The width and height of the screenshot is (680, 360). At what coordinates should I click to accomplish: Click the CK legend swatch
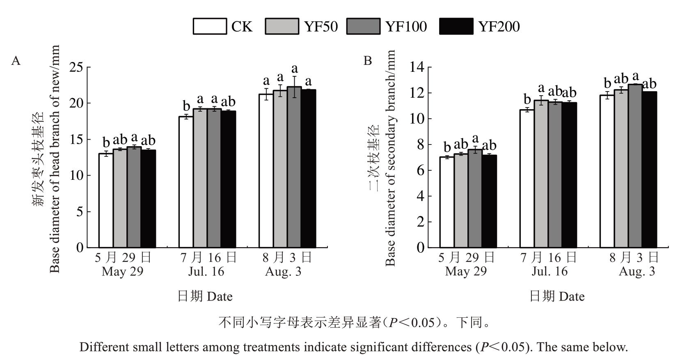pos(210,26)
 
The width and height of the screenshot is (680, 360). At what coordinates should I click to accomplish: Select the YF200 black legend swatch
pos(456,26)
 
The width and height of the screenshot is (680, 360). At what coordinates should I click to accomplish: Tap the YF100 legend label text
pos(405,27)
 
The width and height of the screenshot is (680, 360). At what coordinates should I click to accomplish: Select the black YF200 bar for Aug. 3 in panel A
pos(308,168)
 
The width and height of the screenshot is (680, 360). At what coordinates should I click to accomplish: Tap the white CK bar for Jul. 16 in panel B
pos(527,179)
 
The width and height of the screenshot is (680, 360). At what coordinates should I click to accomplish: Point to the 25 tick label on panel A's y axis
pos(76,67)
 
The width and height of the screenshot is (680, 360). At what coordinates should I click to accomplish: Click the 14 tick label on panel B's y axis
pos(418,67)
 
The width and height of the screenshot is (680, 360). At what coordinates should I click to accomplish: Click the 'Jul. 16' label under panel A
pos(206,271)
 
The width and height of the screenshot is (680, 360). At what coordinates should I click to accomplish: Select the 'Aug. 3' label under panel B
pos(637,271)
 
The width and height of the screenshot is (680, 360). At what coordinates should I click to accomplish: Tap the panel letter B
pos(368,61)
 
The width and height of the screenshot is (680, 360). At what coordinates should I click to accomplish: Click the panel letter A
pos(16,61)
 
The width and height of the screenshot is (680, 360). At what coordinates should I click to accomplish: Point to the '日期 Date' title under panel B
pos(557,296)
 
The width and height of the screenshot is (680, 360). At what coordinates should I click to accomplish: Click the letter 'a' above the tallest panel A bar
pos(294,69)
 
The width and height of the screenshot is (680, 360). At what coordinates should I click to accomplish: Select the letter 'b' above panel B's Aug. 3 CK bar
pos(608,83)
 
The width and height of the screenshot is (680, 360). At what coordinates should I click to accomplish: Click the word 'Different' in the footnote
pos(104,347)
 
